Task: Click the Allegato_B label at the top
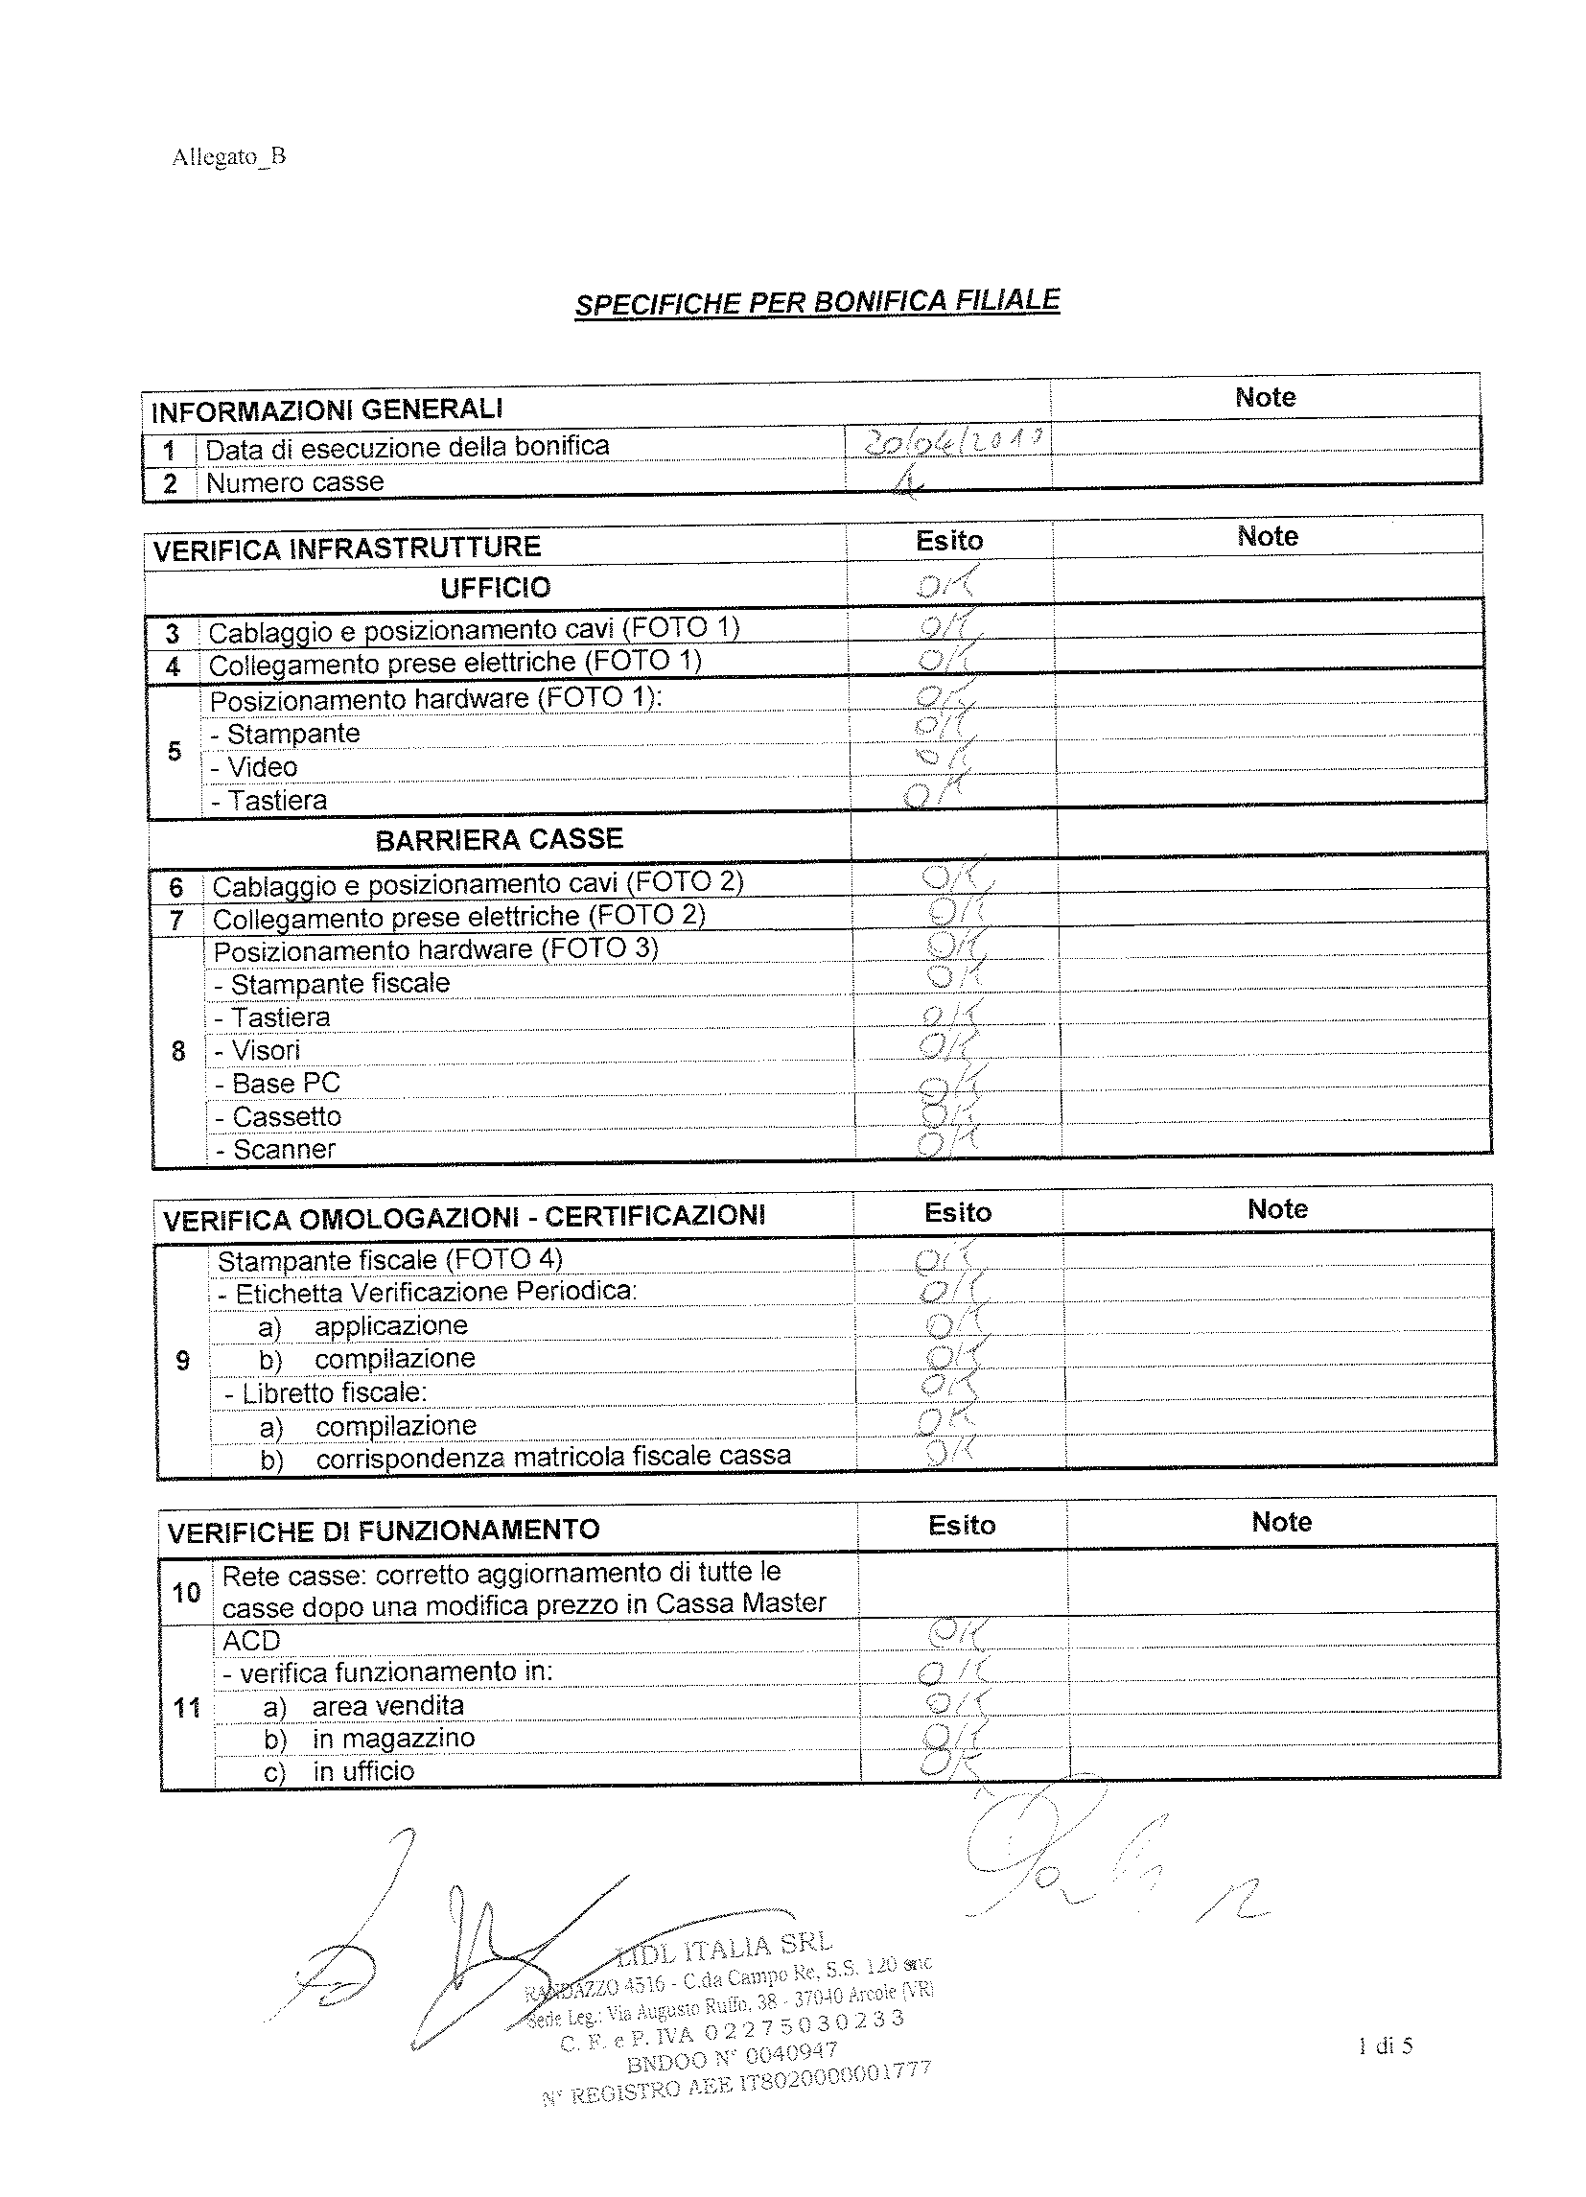point(228,157)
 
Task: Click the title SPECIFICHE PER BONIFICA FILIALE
point(817,302)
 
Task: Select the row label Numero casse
point(295,482)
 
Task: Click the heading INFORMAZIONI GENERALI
point(326,409)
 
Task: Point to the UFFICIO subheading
point(495,588)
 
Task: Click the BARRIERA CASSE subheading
point(499,839)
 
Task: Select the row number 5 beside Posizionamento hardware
point(175,751)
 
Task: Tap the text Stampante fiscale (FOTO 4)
point(389,1260)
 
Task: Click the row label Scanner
point(284,1150)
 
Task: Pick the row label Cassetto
point(287,1117)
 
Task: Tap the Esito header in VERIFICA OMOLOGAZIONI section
point(957,1213)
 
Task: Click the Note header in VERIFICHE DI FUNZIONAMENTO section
point(1281,1522)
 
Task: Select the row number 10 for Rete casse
point(186,1592)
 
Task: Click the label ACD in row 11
point(251,1641)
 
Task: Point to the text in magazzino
point(392,1739)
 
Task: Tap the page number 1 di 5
point(1386,2045)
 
